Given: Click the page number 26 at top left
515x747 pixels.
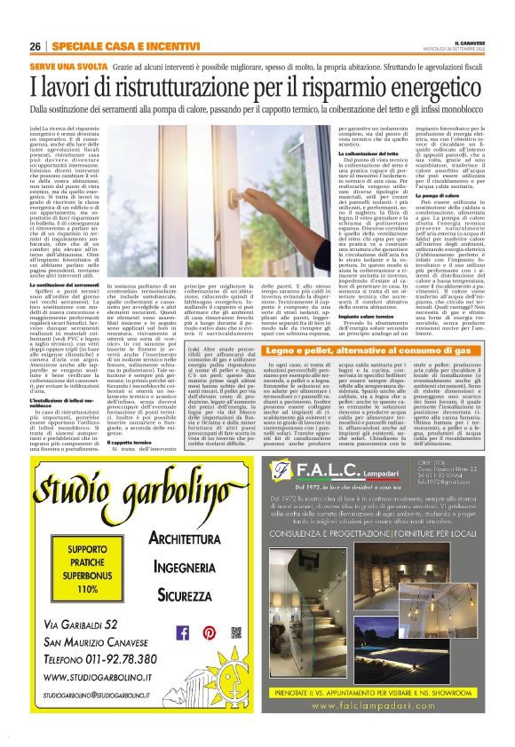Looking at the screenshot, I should click(x=36, y=46).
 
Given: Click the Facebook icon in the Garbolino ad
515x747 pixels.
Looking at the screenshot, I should click(x=183, y=633).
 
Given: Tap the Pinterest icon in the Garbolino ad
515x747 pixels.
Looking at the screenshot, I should click(x=209, y=633).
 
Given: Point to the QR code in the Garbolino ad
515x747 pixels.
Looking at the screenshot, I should click(x=235, y=633).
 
